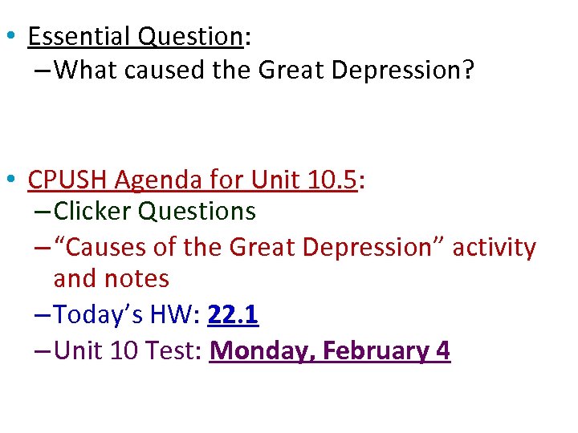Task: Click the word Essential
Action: [x=79, y=36]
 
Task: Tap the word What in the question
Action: [x=86, y=71]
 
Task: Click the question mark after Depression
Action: [x=468, y=71]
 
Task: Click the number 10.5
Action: [x=332, y=180]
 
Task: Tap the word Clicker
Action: [x=94, y=212]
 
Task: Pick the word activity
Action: [x=494, y=247]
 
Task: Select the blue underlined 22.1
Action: [x=233, y=315]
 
